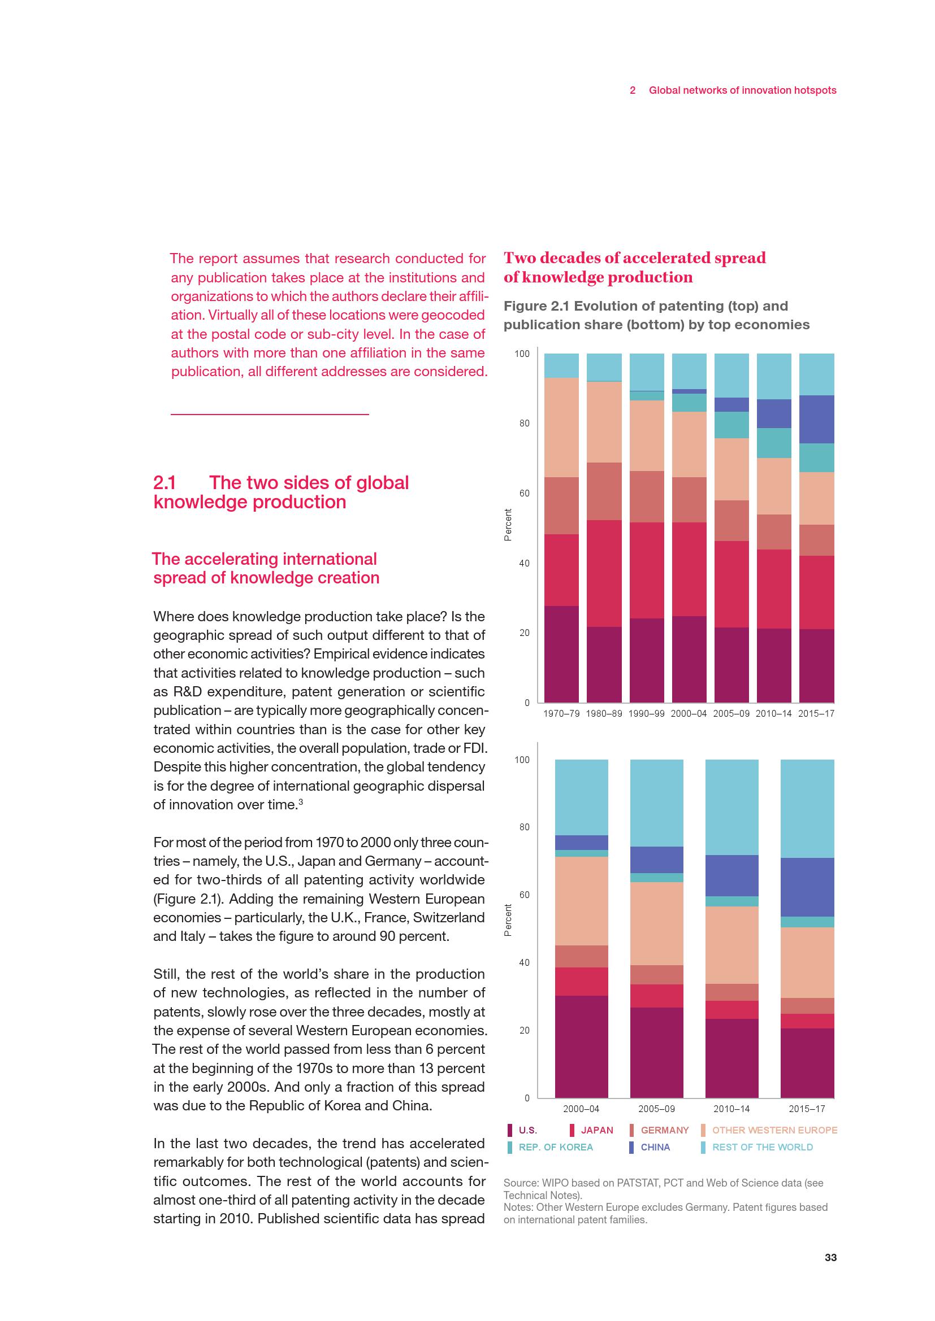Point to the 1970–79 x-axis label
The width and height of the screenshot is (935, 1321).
coord(561,713)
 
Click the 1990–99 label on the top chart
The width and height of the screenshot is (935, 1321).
coord(647,713)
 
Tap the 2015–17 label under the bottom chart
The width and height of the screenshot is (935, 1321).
coord(807,1109)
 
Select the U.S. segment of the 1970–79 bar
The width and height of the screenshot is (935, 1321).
coord(561,653)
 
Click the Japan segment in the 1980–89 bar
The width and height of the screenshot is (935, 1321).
coord(604,573)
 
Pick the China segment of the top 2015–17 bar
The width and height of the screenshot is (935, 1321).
coord(816,419)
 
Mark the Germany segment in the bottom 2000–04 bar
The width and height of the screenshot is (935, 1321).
coord(581,956)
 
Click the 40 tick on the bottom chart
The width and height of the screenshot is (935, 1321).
coord(524,962)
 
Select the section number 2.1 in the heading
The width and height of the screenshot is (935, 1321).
coord(165,482)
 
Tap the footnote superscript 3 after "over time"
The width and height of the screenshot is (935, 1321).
coord(301,802)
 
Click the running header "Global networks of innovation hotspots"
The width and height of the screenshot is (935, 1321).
coord(742,90)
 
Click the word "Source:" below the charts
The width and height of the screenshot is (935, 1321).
coord(521,1184)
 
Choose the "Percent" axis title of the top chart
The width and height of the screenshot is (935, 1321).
coord(508,525)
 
